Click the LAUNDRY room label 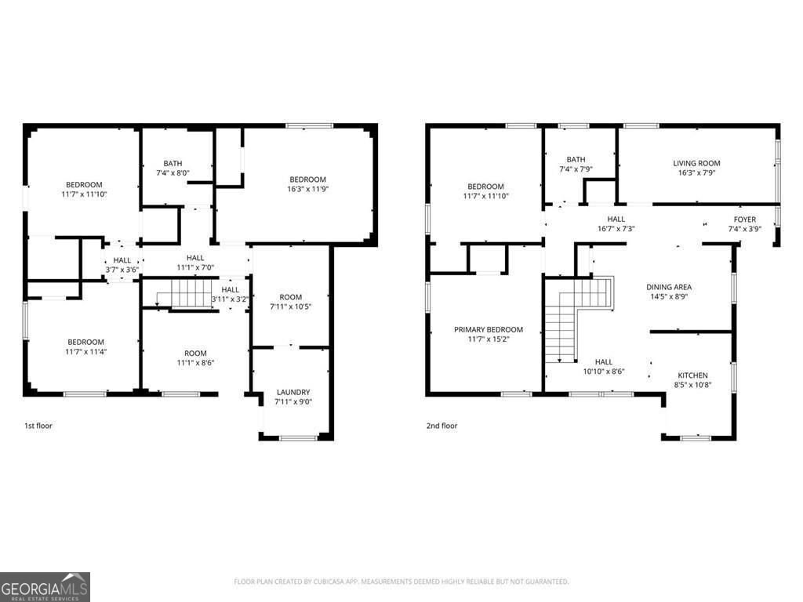click(292, 392)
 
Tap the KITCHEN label click(692, 375)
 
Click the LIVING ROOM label click(696, 164)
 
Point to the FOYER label click(744, 219)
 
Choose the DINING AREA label click(668, 287)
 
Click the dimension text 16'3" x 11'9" click(307, 189)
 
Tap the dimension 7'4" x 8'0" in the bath click(173, 173)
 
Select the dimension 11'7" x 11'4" click(85, 352)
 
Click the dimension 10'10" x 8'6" click(603, 372)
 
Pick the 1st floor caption click(38, 426)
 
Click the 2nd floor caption click(441, 426)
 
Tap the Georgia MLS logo click(45, 586)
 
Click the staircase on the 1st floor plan click(185, 295)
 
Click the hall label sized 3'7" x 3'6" click(122, 260)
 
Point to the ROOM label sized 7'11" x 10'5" click(290, 297)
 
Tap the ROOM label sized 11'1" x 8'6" click(195, 354)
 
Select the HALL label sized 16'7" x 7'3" click(616, 219)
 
